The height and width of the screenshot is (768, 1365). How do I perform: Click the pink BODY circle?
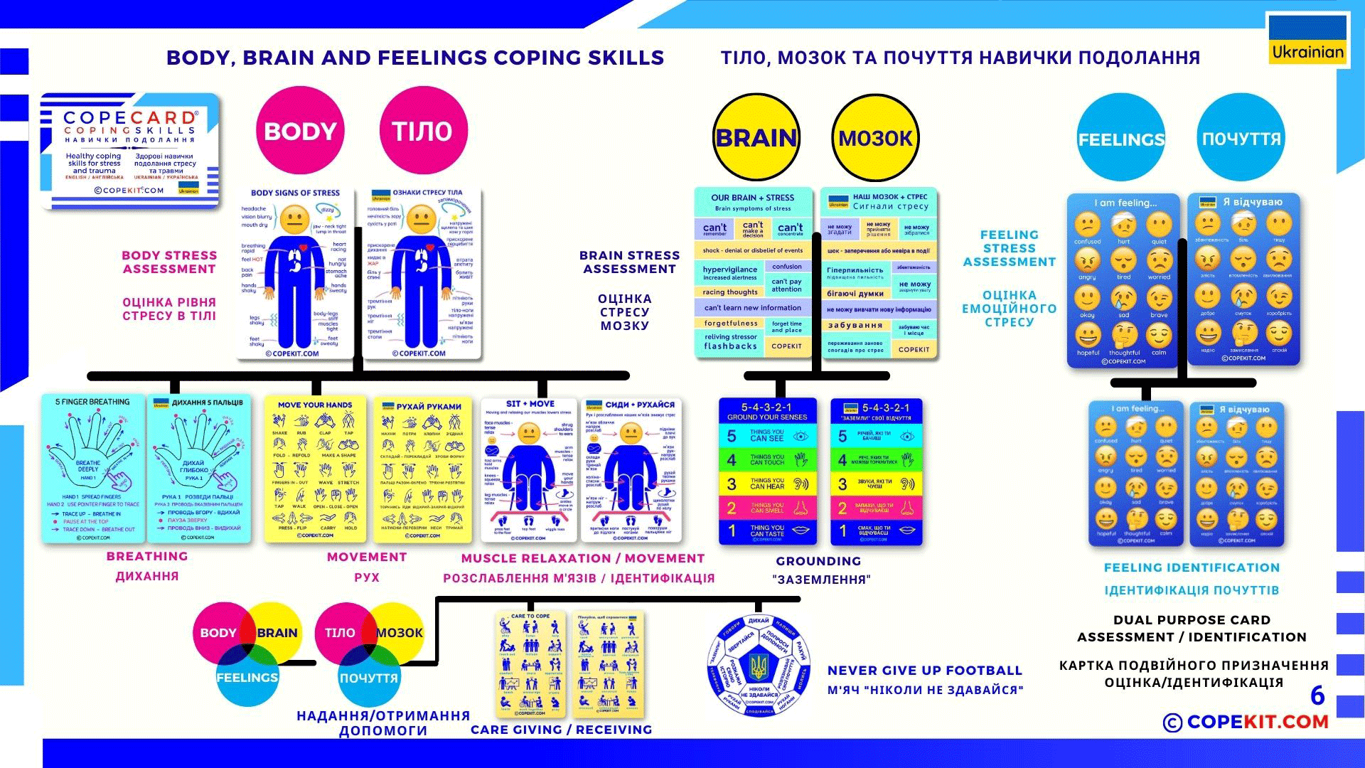pyautogui.click(x=300, y=131)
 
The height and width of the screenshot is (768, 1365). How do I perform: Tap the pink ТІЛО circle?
pyautogui.click(x=423, y=131)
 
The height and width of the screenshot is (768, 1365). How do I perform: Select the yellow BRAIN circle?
pyautogui.click(x=756, y=138)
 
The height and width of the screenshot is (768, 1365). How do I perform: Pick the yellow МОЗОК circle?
pyautogui.click(x=875, y=138)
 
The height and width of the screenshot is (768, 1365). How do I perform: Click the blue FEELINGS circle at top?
pyautogui.click(x=1121, y=139)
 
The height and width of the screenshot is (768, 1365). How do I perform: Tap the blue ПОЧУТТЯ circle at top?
pyautogui.click(x=1241, y=139)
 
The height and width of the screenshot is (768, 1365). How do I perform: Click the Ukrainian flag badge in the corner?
pyautogui.click(x=1307, y=40)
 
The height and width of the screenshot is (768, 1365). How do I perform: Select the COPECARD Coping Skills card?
pyautogui.click(x=130, y=151)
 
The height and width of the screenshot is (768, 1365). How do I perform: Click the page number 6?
pyautogui.click(x=1317, y=695)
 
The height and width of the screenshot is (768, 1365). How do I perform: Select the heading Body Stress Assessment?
pyautogui.click(x=169, y=262)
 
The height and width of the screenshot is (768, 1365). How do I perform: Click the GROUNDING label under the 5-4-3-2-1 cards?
pyautogui.click(x=818, y=561)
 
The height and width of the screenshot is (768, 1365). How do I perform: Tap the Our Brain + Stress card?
pyautogui.click(x=753, y=272)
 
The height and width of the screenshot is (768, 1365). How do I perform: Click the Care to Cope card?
pyautogui.click(x=530, y=663)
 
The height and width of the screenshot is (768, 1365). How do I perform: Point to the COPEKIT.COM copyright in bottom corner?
pyautogui.click(x=1246, y=722)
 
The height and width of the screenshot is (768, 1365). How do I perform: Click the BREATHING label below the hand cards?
pyautogui.click(x=147, y=556)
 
